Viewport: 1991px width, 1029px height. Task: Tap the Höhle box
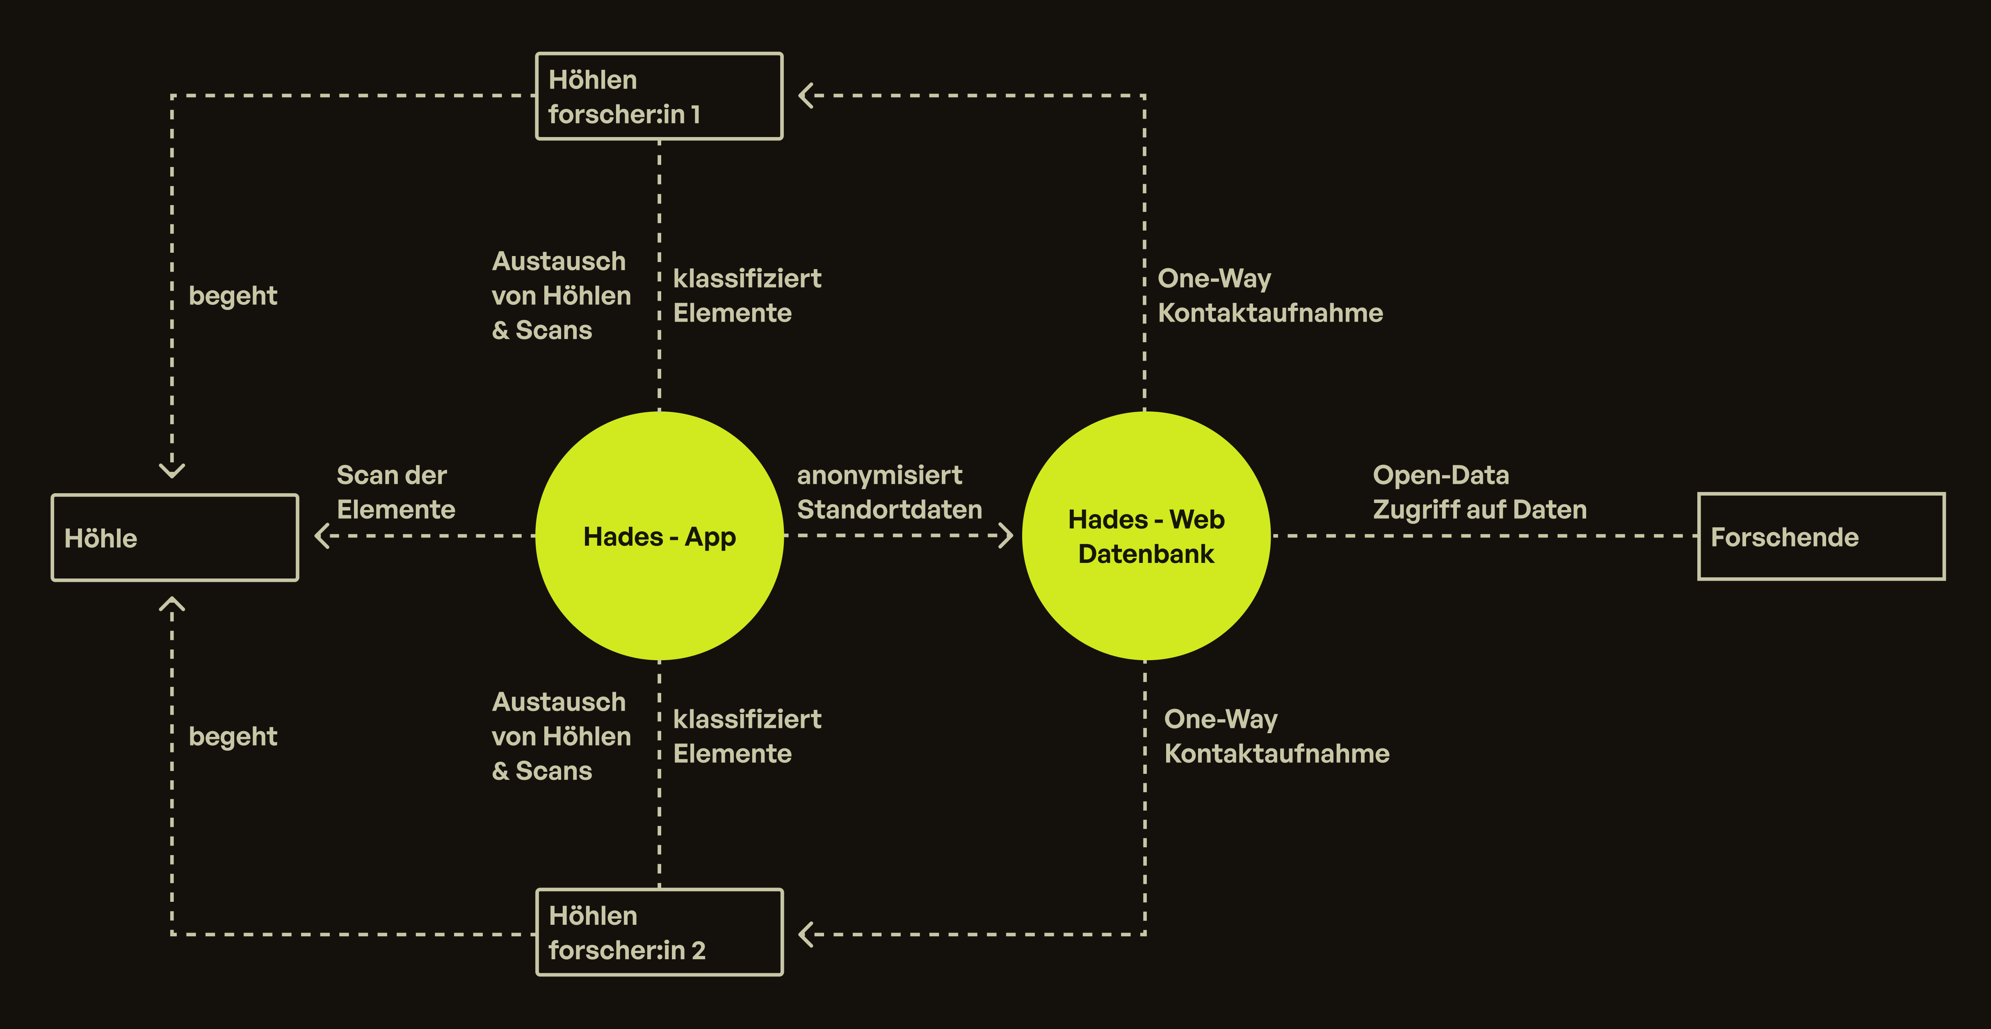pyautogui.click(x=175, y=537)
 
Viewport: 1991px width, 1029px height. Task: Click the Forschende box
pyautogui.click(x=1821, y=537)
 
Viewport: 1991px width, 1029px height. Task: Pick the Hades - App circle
pyautogui.click(x=659, y=536)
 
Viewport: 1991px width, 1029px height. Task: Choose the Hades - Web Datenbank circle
pyautogui.click(x=1146, y=536)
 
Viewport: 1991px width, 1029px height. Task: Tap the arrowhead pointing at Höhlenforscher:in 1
pyautogui.click(x=806, y=96)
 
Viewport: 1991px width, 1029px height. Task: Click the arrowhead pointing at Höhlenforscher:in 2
pyautogui.click(x=806, y=934)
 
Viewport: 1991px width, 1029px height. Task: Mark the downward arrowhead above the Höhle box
pyautogui.click(x=171, y=469)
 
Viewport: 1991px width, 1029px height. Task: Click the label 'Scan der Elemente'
pyautogui.click(x=396, y=492)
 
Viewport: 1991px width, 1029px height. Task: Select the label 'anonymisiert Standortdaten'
pyautogui.click(x=889, y=492)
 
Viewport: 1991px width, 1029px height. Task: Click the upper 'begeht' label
pyautogui.click(x=233, y=295)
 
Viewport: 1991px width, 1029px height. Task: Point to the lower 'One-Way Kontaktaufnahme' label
pyautogui.click(x=1276, y=736)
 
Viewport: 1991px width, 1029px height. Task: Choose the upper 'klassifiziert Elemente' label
pyautogui.click(x=747, y=295)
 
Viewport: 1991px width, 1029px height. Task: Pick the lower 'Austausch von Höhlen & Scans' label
pyautogui.click(x=561, y=736)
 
